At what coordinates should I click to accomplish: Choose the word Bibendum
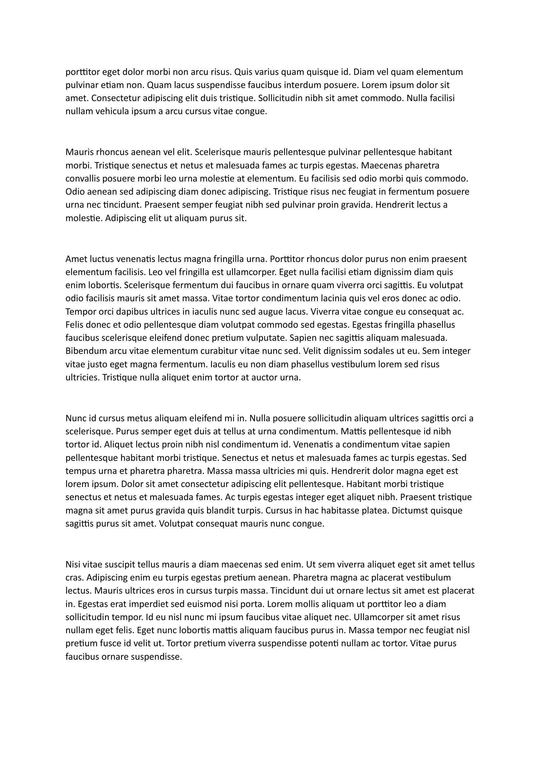[85, 351]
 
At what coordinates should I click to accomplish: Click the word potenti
[324, 643]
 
